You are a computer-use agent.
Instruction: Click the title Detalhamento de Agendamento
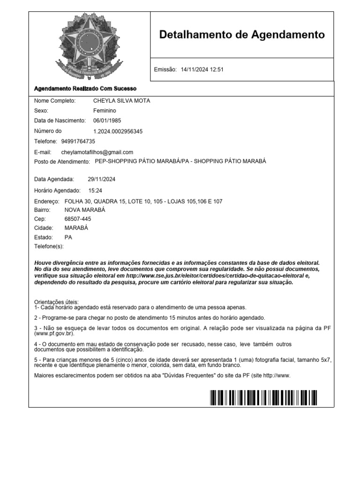pyautogui.click(x=242, y=34)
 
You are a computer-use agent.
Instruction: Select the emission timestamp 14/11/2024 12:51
pyautogui.click(x=202, y=69)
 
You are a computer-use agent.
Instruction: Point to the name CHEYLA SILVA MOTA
pyautogui.click(x=122, y=101)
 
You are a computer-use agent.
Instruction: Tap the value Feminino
pyautogui.click(x=105, y=111)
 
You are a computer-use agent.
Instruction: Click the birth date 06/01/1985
pyautogui.click(x=107, y=120)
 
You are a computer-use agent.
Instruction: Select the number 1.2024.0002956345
pyautogui.click(x=118, y=131)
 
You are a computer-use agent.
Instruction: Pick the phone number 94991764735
pyautogui.click(x=78, y=141)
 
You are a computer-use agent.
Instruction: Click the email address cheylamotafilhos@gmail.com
pyautogui.click(x=97, y=152)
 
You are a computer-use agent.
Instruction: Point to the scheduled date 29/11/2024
pyautogui.click(x=102, y=179)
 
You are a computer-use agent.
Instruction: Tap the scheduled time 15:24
pyautogui.click(x=95, y=191)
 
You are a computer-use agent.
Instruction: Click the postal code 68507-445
pyautogui.click(x=78, y=219)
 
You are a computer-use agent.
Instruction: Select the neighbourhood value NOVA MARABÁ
pyautogui.click(x=85, y=210)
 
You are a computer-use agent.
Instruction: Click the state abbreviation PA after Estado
pyautogui.click(x=68, y=237)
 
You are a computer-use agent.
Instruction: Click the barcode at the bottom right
pyautogui.click(x=263, y=397)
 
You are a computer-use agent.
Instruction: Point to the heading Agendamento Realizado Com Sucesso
pyautogui.click(x=85, y=89)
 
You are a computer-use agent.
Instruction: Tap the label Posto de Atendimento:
pyautogui.click(x=62, y=162)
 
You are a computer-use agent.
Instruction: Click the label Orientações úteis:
pyautogui.click(x=57, y=301)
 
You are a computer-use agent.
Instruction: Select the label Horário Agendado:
pyautogui.click(x=58, y=191)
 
